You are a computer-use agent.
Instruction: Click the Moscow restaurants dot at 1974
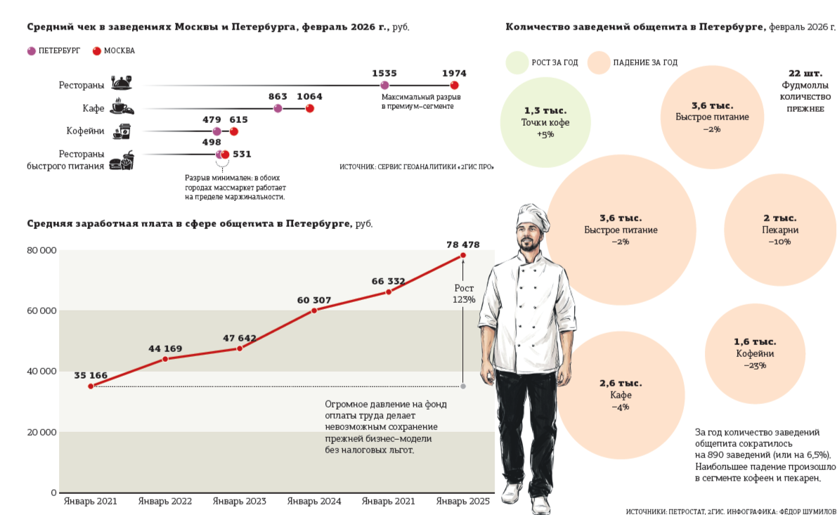point(454,86)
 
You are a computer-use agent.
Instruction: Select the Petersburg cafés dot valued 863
point(278,108)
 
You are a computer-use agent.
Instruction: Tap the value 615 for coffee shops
point(238,120)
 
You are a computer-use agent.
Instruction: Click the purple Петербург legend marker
point(31,51)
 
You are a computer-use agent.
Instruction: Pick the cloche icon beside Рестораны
point(122,84)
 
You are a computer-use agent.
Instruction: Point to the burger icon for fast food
point(126,161)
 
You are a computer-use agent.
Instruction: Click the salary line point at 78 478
point(462,256)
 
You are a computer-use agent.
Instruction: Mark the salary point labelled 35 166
point(91,386)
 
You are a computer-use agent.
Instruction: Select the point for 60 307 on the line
point(313,310)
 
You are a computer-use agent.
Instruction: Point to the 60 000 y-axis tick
point(41,311)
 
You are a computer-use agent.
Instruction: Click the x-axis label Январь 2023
point(239,502)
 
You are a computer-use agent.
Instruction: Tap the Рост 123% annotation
point(464,294)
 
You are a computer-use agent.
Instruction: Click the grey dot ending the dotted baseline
point(462,386)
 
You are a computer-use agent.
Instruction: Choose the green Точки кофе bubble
point(545,122)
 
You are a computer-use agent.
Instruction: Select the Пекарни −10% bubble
point(779,229)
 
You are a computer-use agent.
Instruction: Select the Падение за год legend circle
point(599,63)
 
